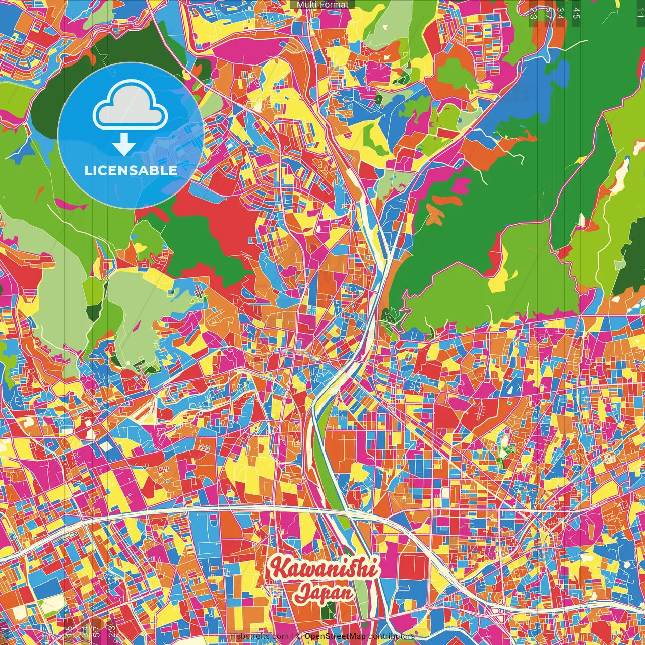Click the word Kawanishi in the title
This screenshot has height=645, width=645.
click(x=322, y=569)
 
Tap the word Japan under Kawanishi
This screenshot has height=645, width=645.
click(x=325, y=593)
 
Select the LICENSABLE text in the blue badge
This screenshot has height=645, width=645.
click(x=131, y=170)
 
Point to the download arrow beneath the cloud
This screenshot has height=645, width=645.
click(x=124, y=145)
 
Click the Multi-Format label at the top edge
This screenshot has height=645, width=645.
click(x=322, y=5)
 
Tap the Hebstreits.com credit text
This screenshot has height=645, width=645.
click(x=259, y=636)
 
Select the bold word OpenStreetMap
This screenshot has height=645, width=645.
click(x=335, y=636)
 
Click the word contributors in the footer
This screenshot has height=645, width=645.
click(x=392, y=636)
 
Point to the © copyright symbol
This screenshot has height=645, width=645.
click(x=299, y=636)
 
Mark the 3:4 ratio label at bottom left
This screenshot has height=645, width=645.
click(x=84, y=630)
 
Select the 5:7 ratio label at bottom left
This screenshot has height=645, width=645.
click(x=97, y=630)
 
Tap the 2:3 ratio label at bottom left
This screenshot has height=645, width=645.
click(x=112, y=630)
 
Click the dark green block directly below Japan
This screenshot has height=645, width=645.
click(x=328, y=612)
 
